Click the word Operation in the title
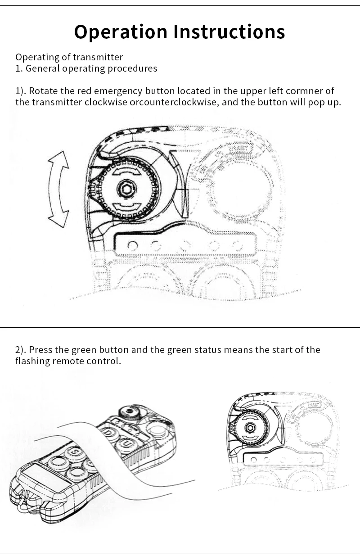[x=121, y=32]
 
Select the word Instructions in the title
[x=229, y=32]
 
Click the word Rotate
[x=43, y=91]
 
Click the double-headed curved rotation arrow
[x=58, y=189]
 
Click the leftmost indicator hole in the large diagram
[x=133, y=246]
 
